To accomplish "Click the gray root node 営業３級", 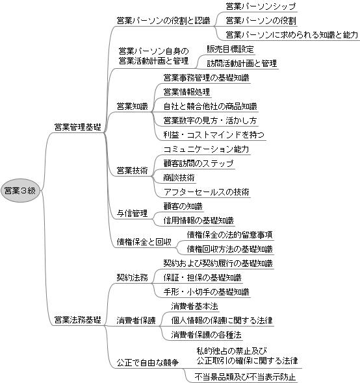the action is (20, 191).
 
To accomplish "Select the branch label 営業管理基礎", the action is (77, 127).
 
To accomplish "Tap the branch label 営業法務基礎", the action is (77, 320).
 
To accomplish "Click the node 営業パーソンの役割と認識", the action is (163, 21).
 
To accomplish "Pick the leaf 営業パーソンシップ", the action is (261, 6).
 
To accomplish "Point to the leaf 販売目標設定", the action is (230, 49).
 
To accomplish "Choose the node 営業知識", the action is (133, 106).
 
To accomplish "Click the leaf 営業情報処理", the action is (186, 92).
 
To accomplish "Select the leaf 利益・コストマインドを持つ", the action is (214, 135).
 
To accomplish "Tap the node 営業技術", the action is (133, 171).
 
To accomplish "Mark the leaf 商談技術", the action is (179, 178).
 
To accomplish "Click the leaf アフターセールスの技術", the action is (207, 191).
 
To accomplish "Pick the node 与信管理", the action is (133, 213).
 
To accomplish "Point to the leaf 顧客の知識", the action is (183, 206).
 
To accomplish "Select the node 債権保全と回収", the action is (144, 242).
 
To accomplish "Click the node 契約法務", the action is (133, 277).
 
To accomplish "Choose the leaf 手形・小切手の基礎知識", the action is (207, 292).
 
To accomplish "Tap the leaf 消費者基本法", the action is (194, 306).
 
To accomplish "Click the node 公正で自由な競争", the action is (148, 362).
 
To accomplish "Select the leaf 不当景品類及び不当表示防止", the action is (245, 377).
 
